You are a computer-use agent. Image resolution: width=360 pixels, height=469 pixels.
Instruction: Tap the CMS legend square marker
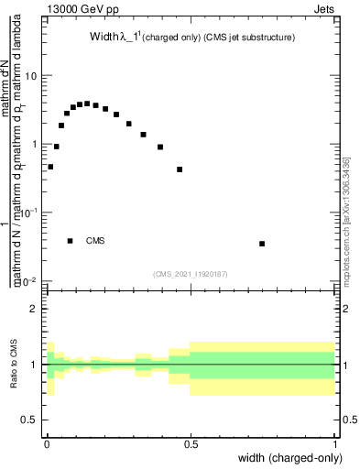click(70, 241)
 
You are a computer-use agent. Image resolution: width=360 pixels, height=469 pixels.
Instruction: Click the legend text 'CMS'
click(95, 241)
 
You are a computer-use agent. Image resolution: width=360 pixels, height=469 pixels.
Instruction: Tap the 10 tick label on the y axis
click(30, 76)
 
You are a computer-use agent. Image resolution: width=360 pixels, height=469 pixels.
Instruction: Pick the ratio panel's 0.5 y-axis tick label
click(29, 420)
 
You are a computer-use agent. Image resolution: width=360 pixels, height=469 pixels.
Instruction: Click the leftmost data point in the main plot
click(50, 167)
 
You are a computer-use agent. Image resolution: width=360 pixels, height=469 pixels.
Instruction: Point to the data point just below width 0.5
click(180, 169)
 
